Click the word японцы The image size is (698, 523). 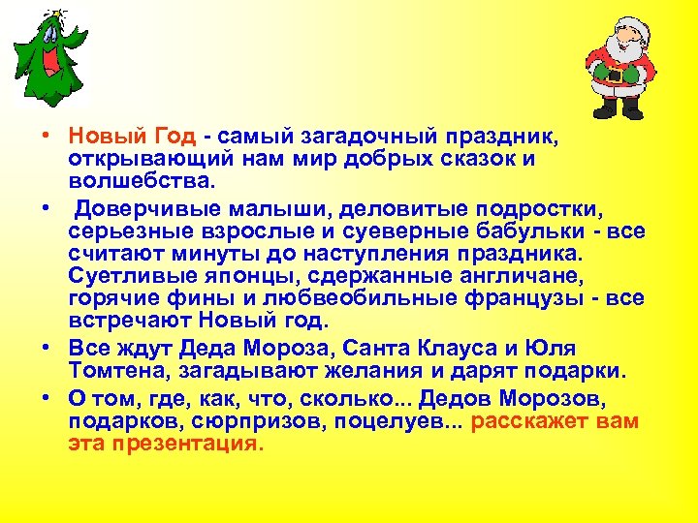(x=214, y=277)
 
